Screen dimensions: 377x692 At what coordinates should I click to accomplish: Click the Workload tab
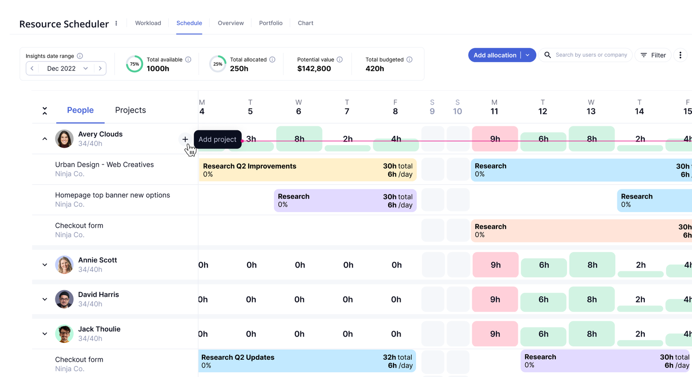click(148, 23)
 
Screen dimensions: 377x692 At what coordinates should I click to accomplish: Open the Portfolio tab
click(271, 23)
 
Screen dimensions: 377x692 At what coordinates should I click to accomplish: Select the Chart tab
click(305, 23)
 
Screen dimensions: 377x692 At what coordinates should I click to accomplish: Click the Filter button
click(653, 55)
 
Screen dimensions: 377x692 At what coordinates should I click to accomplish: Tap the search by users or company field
click(591, 55)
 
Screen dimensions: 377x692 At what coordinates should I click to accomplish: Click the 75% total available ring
click(135, 64)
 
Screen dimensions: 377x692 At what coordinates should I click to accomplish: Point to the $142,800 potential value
click(314, 69)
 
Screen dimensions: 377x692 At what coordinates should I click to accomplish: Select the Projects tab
click(130, 110)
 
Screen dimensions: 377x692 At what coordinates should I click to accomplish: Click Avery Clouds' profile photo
click(64, 139)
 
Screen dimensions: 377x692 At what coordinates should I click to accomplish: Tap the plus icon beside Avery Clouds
click(185, 139)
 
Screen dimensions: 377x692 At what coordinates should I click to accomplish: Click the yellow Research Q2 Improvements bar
click(307, 170)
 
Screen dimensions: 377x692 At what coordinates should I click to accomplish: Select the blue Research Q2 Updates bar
click(307, 361)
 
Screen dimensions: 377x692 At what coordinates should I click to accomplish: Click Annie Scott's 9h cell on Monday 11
click(496, 265)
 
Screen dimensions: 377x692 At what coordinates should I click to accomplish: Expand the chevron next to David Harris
click(45, 299)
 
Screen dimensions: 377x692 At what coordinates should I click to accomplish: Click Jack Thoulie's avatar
click(64, 334)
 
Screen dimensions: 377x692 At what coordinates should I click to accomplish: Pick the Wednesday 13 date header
click(591, 107)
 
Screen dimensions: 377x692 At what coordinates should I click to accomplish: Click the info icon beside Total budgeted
click(409, 60)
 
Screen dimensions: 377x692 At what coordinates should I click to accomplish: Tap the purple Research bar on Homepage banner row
click(345, 201)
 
